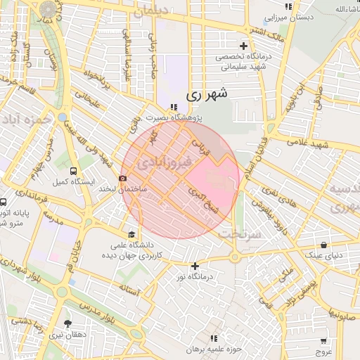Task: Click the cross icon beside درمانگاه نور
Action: [195, 266]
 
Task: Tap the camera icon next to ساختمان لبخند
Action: [123, 178]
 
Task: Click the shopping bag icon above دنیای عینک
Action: [323, 245]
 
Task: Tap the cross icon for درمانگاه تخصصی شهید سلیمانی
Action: [244, 46]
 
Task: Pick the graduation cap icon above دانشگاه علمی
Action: [131, 235]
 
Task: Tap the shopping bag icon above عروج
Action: [323, 340]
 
